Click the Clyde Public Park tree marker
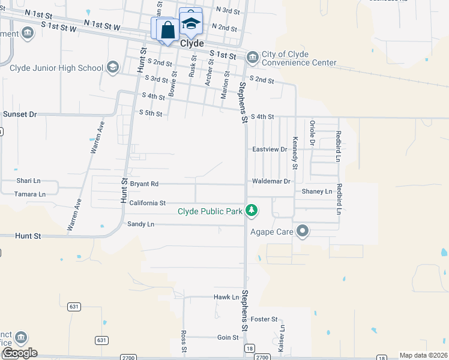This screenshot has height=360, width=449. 252,211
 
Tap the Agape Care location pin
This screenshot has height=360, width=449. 303,230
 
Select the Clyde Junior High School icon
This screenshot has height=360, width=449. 112,67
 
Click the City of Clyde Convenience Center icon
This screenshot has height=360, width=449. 252,58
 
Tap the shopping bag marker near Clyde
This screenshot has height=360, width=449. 167,29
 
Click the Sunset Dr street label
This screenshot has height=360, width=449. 20,113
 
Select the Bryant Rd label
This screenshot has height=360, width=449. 143,184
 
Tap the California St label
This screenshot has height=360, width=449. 147,203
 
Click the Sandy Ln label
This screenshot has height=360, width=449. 140,224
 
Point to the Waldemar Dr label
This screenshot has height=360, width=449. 271,181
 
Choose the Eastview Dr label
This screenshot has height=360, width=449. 270,149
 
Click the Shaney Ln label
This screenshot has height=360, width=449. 316,191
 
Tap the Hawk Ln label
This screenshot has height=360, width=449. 226,297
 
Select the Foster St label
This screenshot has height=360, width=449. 264,319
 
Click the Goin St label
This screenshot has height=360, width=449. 228,337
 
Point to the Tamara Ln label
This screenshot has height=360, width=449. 31,194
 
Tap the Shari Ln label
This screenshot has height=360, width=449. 28,181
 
